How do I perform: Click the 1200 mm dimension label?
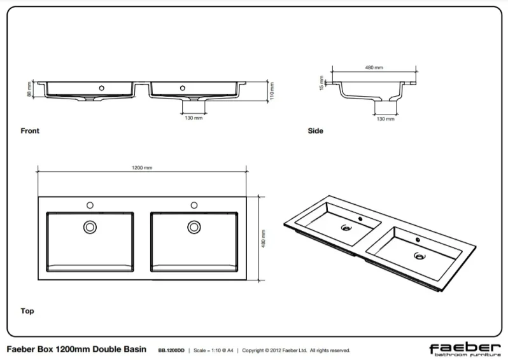(x=142, y=168)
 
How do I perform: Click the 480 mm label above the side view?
(x=374, y=67)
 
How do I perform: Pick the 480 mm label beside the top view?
(x=263, y=238)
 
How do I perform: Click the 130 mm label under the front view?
(x=194, y=118)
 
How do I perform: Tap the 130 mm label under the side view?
(x=385, y=119)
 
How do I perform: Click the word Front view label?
(x=30, y=131)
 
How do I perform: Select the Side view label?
(x=315, y=131)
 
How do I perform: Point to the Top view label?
(x=27, y=311)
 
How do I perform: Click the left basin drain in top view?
(x=90, y=226)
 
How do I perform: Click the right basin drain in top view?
(x=194, y=226)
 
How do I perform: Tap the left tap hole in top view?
(x=90, y=205)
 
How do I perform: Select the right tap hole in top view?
(x=194, y=205)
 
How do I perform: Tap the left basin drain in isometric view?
(x=346, y=227)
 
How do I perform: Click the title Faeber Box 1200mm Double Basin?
(x=76, y=350)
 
